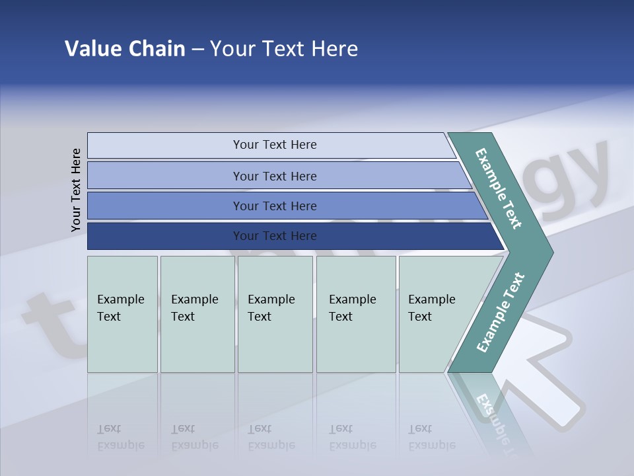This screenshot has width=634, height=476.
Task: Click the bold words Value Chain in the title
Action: pos(125,49)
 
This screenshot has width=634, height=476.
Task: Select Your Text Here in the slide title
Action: pos(284,49)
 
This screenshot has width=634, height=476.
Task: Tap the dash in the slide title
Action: pos(197,50)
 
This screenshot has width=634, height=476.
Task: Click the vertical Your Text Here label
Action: pos(76,190)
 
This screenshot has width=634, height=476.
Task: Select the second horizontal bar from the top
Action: pos(274,176)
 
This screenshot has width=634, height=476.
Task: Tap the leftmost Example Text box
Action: pos(122,314)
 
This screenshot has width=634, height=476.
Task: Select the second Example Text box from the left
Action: pos(197,314)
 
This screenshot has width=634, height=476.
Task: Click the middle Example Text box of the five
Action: pos(275,314)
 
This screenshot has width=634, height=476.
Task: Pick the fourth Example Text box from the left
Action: pos(355,314)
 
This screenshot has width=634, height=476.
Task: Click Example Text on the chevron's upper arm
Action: pos(499,188)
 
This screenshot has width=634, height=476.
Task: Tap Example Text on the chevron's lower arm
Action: pos(501,312)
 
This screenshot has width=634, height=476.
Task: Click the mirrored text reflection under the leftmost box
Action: pos(121,437)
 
